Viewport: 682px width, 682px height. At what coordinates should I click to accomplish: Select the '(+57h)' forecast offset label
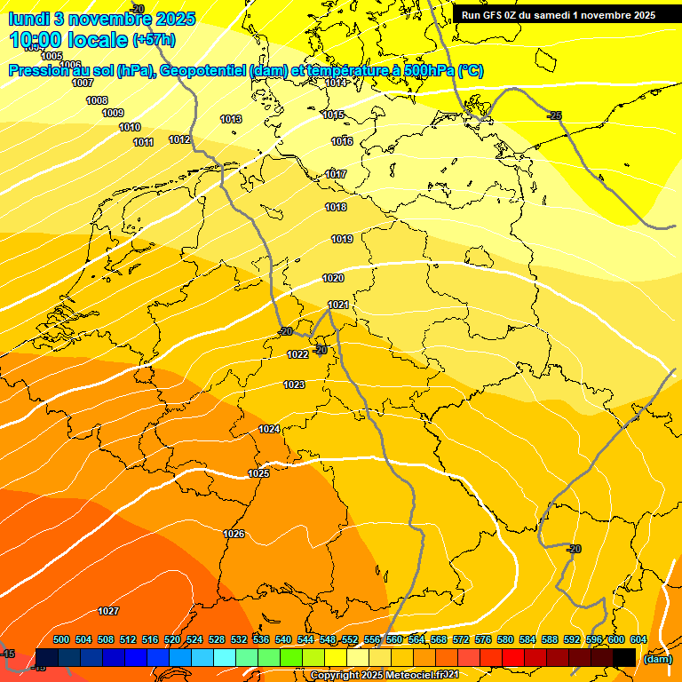[x=154, y=40]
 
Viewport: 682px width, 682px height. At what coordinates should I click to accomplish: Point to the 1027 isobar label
[x=108, y=611]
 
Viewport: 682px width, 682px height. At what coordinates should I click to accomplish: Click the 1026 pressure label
[x=234, y=534]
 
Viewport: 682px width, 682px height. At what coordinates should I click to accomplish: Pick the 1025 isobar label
[x=258, y=473]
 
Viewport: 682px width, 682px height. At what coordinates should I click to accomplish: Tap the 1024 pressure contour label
[x=269, y=429]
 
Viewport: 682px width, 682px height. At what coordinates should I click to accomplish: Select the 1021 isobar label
[x=338, y=305]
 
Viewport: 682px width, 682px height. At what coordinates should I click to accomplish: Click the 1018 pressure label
[x=336, y=207]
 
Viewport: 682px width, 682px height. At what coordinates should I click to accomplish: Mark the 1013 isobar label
[x=231, y=119]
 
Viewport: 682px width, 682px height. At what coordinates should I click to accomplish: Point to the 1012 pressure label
[x=179, y=139]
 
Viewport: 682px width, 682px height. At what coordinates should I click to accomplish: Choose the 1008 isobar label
[x=97, y=100]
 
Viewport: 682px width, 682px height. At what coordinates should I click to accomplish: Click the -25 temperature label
[x=555, y=115]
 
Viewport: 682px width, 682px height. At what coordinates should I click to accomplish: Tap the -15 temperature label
[x=8, y=654]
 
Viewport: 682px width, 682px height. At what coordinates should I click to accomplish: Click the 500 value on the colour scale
[x=61, y=639]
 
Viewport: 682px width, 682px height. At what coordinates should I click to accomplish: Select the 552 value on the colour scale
[x=350, y=639]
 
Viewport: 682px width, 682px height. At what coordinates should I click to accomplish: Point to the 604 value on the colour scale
[x=638, y=639]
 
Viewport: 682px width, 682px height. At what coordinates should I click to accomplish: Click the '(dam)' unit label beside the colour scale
[x=657, y=659]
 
